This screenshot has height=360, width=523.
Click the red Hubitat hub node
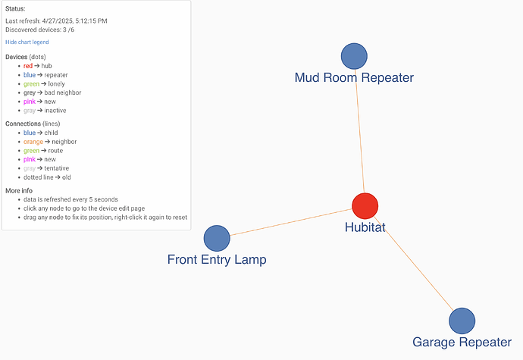(365, 206)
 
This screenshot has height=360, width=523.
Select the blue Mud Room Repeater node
(354, 56)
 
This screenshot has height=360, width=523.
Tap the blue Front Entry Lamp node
(217, 238)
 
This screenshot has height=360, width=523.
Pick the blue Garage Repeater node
(462, 321)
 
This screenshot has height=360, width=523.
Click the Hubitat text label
(365, 227)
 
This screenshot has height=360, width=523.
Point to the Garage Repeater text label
(462, 343)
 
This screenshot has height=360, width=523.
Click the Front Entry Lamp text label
(217, 259)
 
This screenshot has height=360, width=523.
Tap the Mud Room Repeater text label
(354, 78)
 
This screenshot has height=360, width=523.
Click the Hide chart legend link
(27, 42)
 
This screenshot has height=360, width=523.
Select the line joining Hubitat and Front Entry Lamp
(291, 222)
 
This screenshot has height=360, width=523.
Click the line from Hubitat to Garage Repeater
(414, 264)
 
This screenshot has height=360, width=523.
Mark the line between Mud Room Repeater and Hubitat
(359, 131)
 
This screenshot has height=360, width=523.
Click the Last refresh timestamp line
(56, 21)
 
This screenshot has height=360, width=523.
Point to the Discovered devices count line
(39, 30)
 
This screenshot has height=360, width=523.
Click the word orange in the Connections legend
(33, 142)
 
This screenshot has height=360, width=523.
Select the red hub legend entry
(38, 66)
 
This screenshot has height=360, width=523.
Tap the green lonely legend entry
(44, 84)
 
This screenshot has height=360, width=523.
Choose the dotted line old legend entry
(47, 177)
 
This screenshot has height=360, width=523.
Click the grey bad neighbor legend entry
(52, 92)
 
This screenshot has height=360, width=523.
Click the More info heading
(19, 191)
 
